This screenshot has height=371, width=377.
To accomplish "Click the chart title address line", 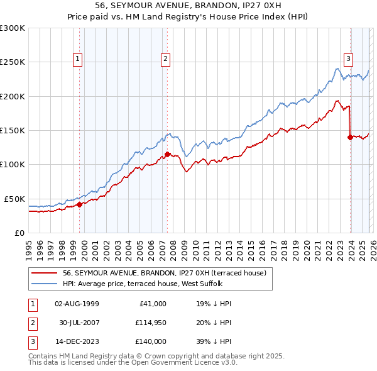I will pos(188,7).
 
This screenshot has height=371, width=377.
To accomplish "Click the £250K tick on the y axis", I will pos(12,62).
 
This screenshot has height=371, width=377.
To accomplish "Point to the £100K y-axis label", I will pos(12,164).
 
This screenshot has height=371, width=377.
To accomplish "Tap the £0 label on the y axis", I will pos(19,233).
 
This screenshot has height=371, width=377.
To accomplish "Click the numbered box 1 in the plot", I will pos(77,59).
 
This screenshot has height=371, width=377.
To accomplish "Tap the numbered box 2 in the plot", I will pos(165,59).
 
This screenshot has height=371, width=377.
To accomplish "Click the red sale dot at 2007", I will pos(168,154).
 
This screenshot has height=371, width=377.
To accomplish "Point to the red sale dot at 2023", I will pos(350,137).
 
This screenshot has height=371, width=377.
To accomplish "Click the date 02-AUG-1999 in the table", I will pos(77,303).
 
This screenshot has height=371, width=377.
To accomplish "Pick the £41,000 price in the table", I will pos(151,303).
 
